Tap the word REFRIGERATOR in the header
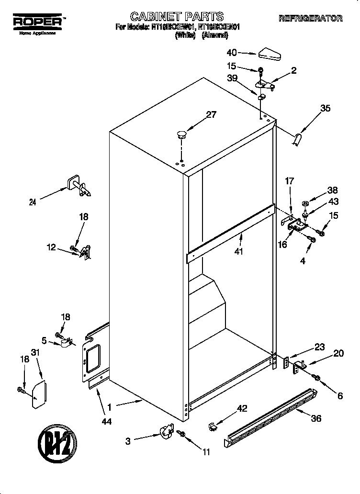tap(310, 19)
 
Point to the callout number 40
tap(232, 53)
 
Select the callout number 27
tap(211, 114)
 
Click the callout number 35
tap(325, 109)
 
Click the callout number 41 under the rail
tap(238, 252)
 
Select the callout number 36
tap(315, 418)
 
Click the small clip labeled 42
tap(213, 426)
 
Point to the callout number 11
tap(206, 451)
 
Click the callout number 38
tap(331, 189)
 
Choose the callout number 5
tap(44, 341)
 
